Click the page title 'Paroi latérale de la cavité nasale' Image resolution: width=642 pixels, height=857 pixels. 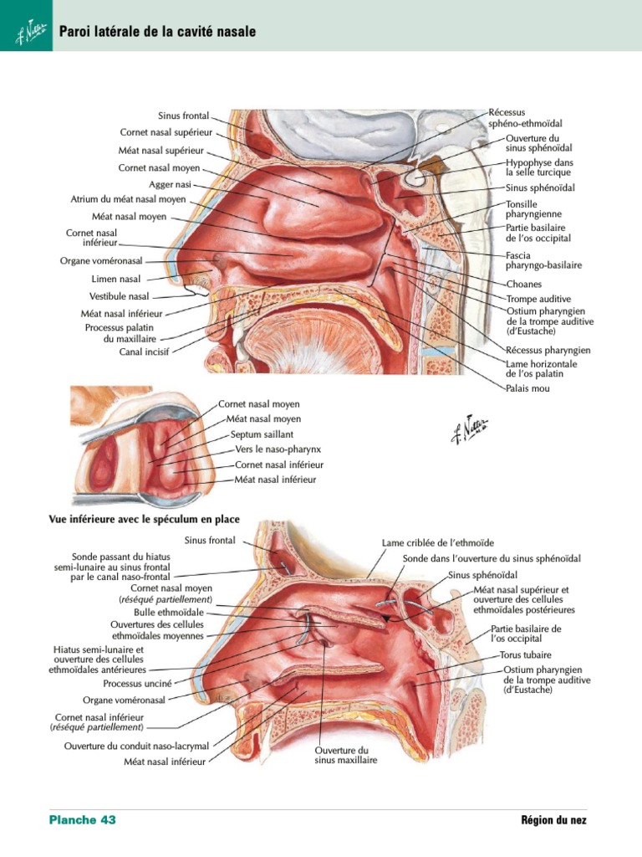[x=157, y=31]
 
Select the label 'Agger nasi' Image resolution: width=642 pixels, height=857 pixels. [x=170, y=185]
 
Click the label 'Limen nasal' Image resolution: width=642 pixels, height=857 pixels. [x=115, y=279]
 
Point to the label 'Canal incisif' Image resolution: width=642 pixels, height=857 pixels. [x=144, y=352]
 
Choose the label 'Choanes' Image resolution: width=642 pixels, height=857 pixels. [x=524, y=284]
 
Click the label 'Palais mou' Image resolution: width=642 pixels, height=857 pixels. [x=527, y=388]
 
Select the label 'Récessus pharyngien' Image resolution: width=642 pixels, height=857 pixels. [x=548, y=350]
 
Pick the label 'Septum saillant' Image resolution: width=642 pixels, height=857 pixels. [x=262, y=434]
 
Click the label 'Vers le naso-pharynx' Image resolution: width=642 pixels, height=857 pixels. [x=278, y=449]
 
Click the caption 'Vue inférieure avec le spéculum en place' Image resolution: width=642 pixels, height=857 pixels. [x=144, y=519]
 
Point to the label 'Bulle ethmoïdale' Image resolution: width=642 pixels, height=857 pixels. [x=169, y=612]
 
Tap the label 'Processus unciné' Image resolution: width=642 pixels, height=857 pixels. [x=137, y=683]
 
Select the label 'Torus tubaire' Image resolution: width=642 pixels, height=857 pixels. [x=525, y=654]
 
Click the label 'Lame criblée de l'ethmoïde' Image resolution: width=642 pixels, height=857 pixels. [x=438, y=542]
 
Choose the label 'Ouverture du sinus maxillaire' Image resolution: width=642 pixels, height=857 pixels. [x=345, y=755]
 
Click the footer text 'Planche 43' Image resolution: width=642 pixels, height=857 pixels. [x=83, y=819]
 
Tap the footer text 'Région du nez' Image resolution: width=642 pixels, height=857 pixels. [x=553, y=820]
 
